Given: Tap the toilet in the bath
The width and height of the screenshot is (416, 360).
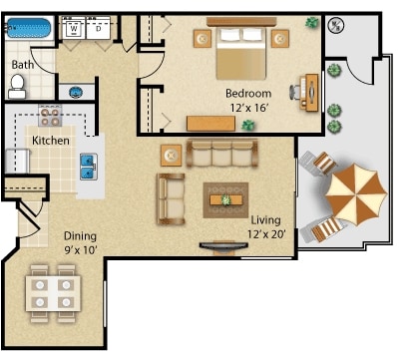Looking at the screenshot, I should (x=18, y=89).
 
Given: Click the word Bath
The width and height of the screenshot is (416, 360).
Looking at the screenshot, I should (x=22, y=66).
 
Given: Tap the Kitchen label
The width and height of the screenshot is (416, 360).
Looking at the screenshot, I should (x=51, y=141).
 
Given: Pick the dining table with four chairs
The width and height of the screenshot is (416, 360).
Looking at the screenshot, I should (x=52, y=291).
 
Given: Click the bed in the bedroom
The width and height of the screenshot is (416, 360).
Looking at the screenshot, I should (x=239, y=50).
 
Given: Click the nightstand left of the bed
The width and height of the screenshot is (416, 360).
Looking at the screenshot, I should (x=203, y=39).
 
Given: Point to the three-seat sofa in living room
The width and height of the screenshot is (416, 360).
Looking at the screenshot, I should (x=221, y=154).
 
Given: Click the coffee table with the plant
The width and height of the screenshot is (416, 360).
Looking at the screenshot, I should (x=225, y=199).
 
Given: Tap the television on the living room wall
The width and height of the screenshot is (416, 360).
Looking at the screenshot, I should (x=221, y=245).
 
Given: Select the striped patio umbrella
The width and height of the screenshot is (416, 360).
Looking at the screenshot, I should (x=354, y=192).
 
